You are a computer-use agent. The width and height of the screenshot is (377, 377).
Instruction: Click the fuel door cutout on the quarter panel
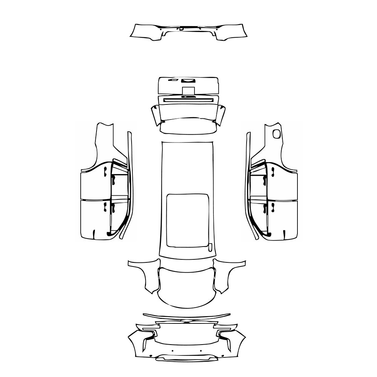click(x=277, y=133)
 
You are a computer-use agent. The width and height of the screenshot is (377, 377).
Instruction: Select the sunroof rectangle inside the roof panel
click(x=188, y=221)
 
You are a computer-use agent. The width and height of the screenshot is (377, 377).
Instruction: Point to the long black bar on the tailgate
click(x=188, y=100)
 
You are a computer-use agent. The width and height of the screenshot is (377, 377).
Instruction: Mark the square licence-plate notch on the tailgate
click(x=188, y=90)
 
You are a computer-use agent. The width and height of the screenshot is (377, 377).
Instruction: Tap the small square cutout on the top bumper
click(x=181, y=29)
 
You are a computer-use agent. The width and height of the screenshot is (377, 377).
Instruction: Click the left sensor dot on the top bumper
click(x=161, y=29)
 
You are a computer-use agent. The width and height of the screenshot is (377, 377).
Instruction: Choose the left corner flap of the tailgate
click(x=155, y=115)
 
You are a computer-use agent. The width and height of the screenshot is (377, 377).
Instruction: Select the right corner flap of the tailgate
click(x=221, y=115)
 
